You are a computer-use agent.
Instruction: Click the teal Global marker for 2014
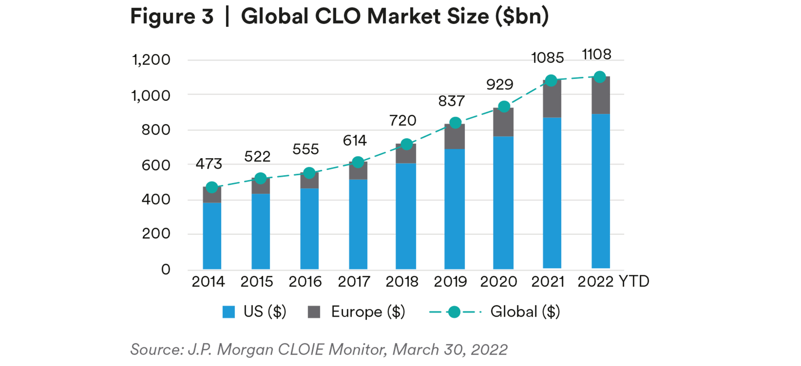click(x=212, y=187)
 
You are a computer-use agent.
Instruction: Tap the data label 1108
click(x=597, y=54)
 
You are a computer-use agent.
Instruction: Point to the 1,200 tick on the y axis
click(x=151, y=60)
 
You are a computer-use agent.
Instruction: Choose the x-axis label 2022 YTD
click(x=613, y=282)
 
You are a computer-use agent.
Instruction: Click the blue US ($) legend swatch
click(x=229, y=312)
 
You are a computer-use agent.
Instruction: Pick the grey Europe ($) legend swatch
click(x=314, y=312)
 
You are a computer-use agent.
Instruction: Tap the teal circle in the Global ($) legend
click(x=454, y=312)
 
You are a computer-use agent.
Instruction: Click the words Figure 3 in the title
click(x=172, y=17)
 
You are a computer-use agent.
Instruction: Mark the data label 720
click(x=403, y=121)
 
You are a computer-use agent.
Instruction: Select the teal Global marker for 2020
click(x=504, y=107)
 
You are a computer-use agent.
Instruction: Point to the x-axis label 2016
click(x=305, y=282)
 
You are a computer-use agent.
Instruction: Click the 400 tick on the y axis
click(x=156, y=200)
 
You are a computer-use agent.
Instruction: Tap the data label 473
click(x=209, y=164)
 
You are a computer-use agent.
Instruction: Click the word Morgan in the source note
click(x=245, y=350)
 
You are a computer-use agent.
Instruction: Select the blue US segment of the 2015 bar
click(x=260, y=231)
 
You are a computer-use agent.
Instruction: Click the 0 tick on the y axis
click(x=166, y=269)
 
